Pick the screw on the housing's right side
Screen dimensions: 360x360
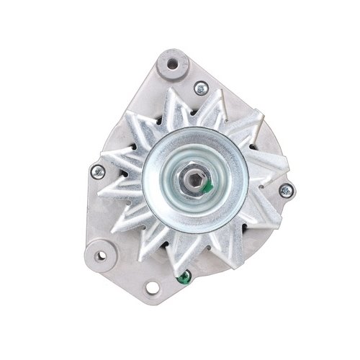[286, 191]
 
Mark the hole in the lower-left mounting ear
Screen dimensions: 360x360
[100, 255]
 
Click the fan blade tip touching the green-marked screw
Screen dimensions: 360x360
[181, 265]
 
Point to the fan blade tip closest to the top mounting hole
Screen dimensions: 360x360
[171, 91]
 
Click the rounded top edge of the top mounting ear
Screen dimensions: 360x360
[173, 51]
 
